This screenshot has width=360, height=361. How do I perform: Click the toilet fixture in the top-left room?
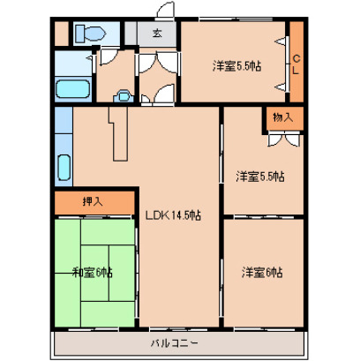[x=90, y=34]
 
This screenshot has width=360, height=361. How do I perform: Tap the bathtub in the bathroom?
[x=72, y=88]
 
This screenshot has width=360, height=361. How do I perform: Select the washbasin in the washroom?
[x=124, y=96]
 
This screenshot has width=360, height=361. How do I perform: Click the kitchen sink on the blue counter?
[x=64, y=167]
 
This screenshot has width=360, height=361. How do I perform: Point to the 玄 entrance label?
[x=157, y=33]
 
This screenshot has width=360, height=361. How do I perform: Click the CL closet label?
[x=296, y=64]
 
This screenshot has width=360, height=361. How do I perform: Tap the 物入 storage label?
[x=283, y=117]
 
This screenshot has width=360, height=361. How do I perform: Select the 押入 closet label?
[x=93, y=201]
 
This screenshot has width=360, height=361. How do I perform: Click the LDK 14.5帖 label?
[x=174, y=215]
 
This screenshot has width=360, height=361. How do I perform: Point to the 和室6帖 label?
[x=93, y=273]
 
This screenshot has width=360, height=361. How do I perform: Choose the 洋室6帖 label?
[x=262, y=272]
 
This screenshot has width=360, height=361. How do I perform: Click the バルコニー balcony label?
[x=174, y=342]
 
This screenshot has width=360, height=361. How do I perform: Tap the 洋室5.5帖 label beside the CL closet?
[x=236, y=66]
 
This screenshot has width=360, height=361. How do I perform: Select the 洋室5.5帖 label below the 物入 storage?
[x=260, y=177]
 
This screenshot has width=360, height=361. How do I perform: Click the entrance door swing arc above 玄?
[x=165, y=10]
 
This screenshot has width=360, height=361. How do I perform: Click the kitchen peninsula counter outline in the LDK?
[x=118, y=134]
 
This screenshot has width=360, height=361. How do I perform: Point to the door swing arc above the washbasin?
[x=109, y=56]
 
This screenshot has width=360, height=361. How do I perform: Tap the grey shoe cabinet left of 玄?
[x=131, y=34]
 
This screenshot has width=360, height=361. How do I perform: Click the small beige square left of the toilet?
[x=62, y=34]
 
